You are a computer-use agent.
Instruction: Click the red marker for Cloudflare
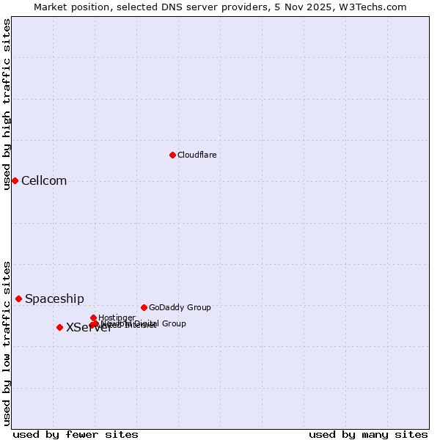click(x=172, y=155)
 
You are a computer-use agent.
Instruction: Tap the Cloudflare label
click(x=197, y=155)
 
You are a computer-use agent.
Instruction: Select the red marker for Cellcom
click(x=15, y=180)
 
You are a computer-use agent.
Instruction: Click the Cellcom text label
click(x=44, y=181)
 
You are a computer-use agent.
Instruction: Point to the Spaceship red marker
click(x=18, y=298)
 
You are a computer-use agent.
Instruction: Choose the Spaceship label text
click(x=54, y=298)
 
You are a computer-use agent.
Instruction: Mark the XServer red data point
click(x=59, y=327)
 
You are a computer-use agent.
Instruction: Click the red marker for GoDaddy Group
click(x=144, y=307)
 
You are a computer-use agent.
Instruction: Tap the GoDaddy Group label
click(x=180, y=307)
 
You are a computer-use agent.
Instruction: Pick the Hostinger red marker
click(x=93, y=318)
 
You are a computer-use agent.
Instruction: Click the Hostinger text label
click(x=117, y=318)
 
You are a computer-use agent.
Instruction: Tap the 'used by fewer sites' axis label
click(x=76, y=434)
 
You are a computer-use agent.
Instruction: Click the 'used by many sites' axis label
click(x=368, y=434)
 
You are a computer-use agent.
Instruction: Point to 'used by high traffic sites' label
click(x=7, y=104)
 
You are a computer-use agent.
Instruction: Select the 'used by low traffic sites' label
click(x=7, y=342)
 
